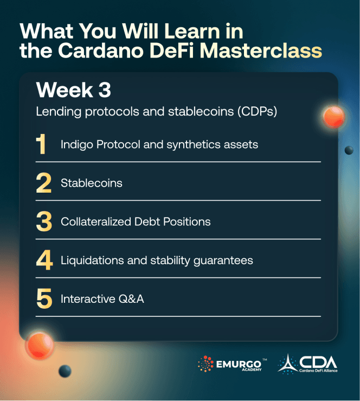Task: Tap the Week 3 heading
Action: coord(73,91)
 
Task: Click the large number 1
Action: coord(41,145)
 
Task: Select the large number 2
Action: coord(43,183)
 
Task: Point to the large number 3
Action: coord(43,222)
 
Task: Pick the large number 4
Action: coord(43,260)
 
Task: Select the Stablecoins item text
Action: coord(91,183)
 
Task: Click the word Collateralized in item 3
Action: coord(95,222)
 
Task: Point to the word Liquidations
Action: coord(88,260)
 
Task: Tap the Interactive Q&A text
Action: coord(102,299)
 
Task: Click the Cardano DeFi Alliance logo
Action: coord(307,364)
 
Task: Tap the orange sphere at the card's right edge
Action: coord(333,117)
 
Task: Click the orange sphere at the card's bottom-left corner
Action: coord(39,344)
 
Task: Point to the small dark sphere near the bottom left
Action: coord(65,371)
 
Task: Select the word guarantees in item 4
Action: coord(223,260)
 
